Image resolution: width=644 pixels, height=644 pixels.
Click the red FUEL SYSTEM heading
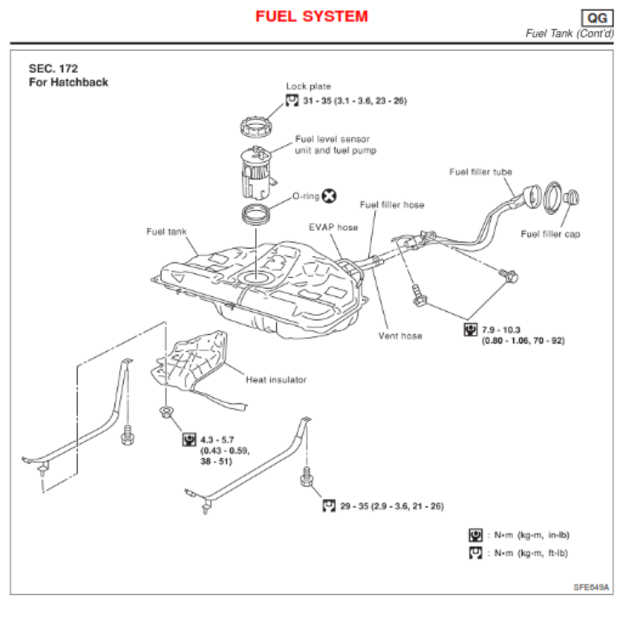click(x=312, y=16)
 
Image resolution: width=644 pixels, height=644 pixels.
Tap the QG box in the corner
click(x=597, y=18)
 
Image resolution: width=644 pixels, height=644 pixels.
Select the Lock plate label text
click(x=308, y=86)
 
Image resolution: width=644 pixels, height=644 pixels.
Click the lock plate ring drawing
click(x=258, y=128)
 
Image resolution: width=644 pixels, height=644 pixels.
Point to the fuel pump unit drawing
click(x=259, y=171)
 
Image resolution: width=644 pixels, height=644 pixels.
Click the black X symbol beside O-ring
click(x=329, y=196)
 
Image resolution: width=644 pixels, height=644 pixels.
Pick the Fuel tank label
click(x=166, y=232)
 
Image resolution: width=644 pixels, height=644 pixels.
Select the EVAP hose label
click(x=333, y=227)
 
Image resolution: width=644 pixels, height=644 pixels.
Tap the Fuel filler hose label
click(x=392, y=204)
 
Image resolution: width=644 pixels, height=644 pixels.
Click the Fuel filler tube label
click(x=481, y=171)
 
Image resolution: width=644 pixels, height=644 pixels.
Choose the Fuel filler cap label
click(x=551, y=234)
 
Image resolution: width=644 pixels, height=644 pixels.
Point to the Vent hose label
click(x=400, y=336)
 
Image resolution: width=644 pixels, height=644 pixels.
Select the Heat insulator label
click(x=276, y=379)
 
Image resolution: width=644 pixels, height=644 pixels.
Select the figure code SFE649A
click(x=592, y=588)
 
